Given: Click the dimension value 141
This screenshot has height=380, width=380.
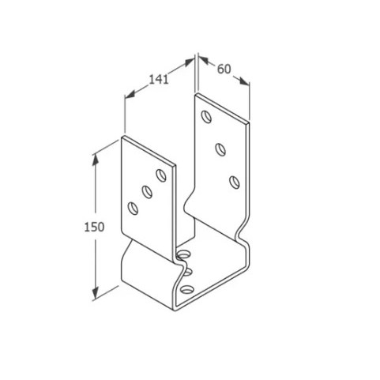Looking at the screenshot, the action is [x=159, y=79].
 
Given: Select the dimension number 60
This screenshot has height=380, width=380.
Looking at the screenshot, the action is [x=224, y=69].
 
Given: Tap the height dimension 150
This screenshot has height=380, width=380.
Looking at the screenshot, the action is [x=94, y=227].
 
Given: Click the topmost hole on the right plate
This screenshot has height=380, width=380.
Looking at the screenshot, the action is [x=206, y=117].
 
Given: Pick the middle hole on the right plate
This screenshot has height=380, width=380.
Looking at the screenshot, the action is [x=220, y=149].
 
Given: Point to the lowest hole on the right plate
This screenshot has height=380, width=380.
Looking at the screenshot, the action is [x=235, y=182].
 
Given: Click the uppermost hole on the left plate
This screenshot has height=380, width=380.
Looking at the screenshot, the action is [x=161, y=175].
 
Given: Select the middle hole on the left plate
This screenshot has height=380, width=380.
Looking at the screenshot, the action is [x=147, y=192].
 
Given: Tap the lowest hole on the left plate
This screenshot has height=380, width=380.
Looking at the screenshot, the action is [x=133, y=209].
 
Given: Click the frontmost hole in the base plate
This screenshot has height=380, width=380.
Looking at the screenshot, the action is [x=187, y=290].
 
